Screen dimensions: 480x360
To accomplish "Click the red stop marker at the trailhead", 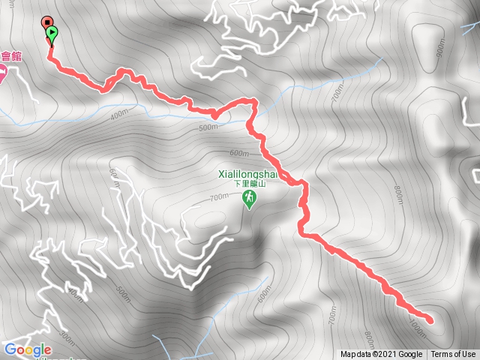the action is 46,23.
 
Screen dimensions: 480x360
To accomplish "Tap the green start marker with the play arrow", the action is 52,33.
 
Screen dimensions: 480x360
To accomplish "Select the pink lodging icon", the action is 2,73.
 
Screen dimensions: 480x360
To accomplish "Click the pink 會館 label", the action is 9,56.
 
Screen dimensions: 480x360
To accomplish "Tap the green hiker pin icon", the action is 248,199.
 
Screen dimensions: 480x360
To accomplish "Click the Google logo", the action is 28,349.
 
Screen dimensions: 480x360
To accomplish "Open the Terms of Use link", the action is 453,355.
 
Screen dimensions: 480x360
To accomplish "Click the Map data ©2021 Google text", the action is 381,355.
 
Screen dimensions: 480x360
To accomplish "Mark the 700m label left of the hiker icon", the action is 218,198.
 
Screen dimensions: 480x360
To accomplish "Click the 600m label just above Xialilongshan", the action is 238,154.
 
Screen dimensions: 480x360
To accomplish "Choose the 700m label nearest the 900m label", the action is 337,93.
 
